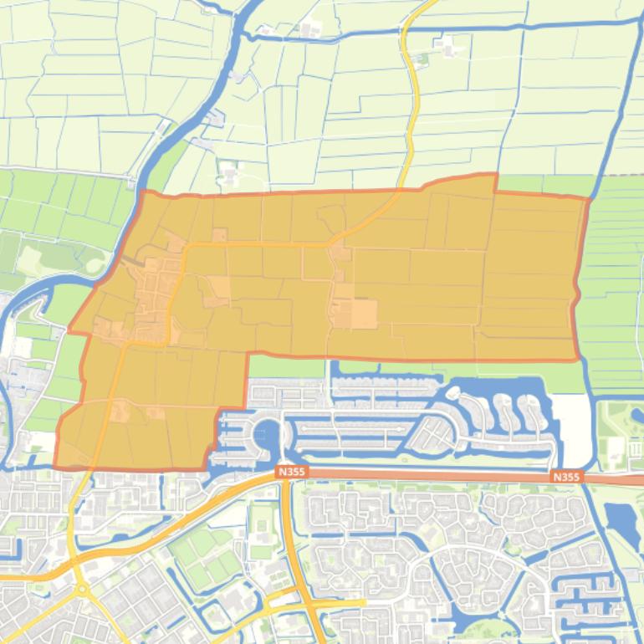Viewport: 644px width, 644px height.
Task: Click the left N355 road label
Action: [292, 472]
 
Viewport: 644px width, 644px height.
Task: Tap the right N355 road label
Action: [566, 477]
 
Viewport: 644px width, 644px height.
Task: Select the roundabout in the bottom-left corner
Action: [82, 590]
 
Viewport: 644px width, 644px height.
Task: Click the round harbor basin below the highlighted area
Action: [266, 434]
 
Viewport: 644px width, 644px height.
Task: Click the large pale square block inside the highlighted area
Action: [364, 314]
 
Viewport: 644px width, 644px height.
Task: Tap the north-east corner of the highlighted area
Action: [587, 198]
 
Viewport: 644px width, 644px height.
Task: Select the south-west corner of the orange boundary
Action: [55, 466]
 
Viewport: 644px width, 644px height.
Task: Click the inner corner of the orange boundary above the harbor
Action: [248, 355]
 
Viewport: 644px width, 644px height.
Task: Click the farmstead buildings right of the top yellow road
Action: [448, 47]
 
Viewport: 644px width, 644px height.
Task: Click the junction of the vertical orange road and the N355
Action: [284, 474]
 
